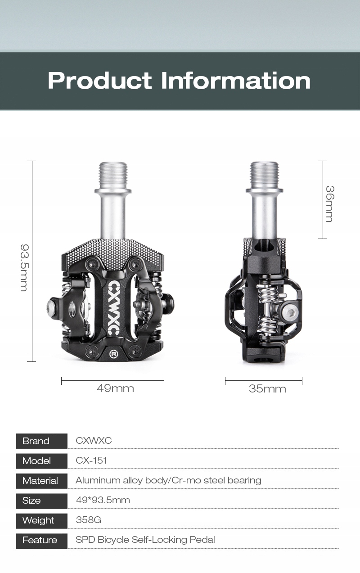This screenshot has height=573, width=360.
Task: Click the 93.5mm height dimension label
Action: pos(24,267)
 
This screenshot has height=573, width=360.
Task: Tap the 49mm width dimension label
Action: pos(115,388)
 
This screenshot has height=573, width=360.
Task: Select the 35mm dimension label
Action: pos(267,389)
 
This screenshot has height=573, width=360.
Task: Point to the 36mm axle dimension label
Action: pos(330,204)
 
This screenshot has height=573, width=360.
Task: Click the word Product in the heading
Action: pos(100,81)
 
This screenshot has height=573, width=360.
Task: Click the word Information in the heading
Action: pos(236,81)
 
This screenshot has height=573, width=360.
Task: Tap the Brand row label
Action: pos(36,441)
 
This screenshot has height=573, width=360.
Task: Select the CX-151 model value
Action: pos(91,460)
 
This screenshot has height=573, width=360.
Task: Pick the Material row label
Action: pos(40,481)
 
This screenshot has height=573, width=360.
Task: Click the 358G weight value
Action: pos(89,520)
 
